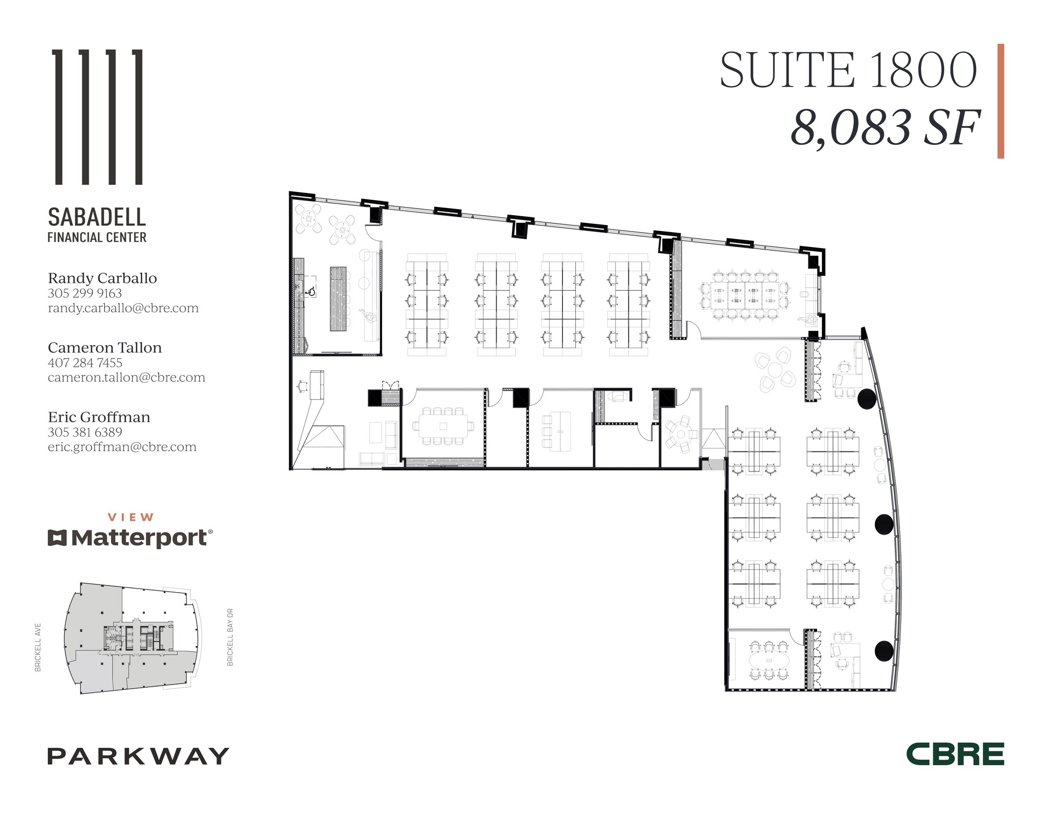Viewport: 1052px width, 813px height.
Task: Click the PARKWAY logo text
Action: (138, 756)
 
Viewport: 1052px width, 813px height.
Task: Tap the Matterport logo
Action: (130, 538)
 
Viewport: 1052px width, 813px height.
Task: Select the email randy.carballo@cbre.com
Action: (123, 308)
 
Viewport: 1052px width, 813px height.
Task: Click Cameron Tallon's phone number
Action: (85, 363)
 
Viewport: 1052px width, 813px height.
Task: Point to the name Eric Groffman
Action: (99, 417)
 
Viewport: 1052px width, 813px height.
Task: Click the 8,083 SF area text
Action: (885, 128)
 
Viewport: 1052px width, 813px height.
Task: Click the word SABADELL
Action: (97, 217)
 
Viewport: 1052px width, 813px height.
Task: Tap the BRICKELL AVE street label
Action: (38, 647)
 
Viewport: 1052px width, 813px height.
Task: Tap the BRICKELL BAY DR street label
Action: (230, 637)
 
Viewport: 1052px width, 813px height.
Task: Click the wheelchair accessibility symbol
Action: (311, 291)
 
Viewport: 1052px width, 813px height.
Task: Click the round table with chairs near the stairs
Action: (681, 434)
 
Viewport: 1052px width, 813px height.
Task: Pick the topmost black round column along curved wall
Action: (867, 399)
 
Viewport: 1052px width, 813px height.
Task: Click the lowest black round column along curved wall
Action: (884, 651)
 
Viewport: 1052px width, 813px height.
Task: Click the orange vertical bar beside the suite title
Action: (1000, 101)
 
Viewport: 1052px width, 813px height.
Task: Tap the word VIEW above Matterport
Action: (130, 517)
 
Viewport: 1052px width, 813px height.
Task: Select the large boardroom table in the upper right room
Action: (745, 296)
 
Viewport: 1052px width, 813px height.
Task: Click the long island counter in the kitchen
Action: (338, 298)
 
